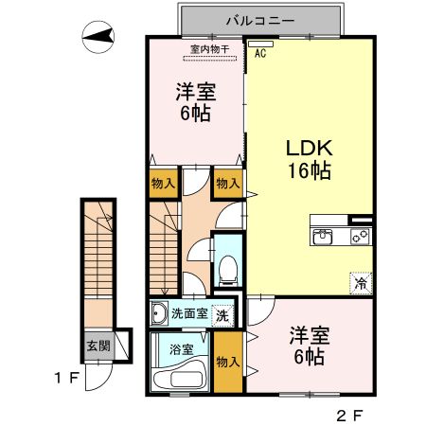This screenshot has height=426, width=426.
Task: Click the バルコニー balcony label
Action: click(257, 19)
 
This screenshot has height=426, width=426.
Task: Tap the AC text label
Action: click(258, 54)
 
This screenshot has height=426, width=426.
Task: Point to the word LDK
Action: click(309, 149)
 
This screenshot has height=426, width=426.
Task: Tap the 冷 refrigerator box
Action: click(361, 282)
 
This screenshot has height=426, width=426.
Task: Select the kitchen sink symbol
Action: click(323, 237)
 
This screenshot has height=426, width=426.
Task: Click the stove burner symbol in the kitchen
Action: click(361, 237)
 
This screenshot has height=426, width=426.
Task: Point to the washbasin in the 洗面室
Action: click(158, 313)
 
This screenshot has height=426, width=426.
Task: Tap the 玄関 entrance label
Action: click(97, 346)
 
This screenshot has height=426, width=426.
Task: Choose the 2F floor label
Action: click(350, 415)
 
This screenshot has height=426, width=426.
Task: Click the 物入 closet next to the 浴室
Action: click(227, 362)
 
